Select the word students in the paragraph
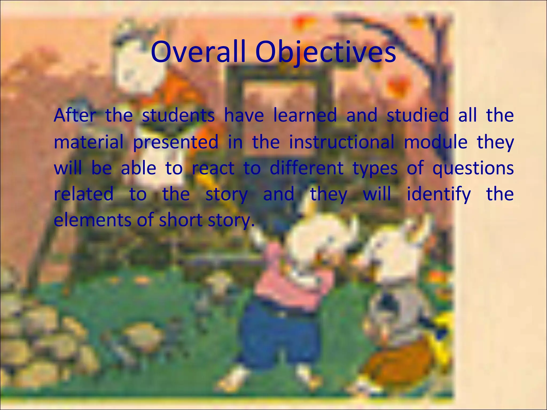178,115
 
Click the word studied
417,115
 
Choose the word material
88,142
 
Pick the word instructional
342,142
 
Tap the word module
435,142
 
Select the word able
138,168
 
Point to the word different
306,168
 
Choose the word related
84,194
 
